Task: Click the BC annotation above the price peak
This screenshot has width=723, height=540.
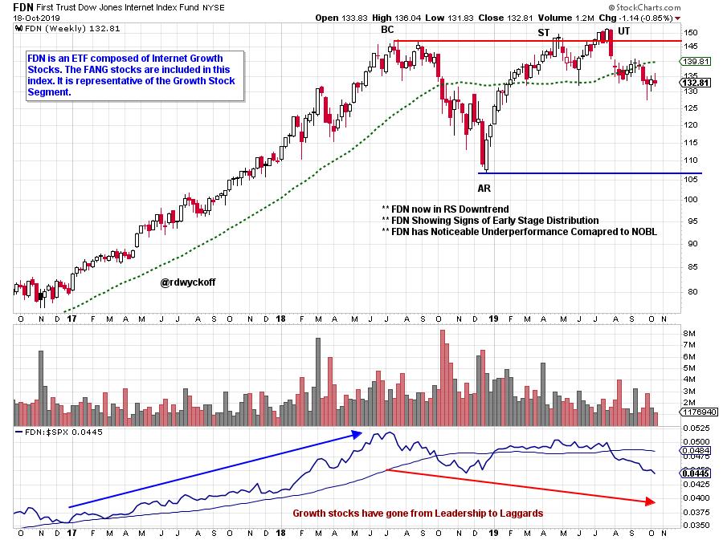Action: (x=387, y=30)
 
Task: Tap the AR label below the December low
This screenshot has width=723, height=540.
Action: (x=484, y=187)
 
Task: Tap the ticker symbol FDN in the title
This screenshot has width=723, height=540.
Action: (x=24, y=6)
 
